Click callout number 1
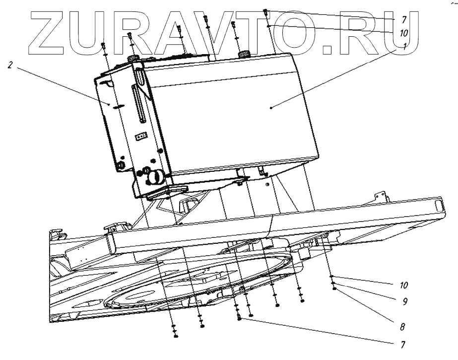pos(405,48)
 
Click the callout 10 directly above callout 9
pos(404,286)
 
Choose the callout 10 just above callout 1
pos(403,33)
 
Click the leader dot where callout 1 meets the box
pos(271,107)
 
